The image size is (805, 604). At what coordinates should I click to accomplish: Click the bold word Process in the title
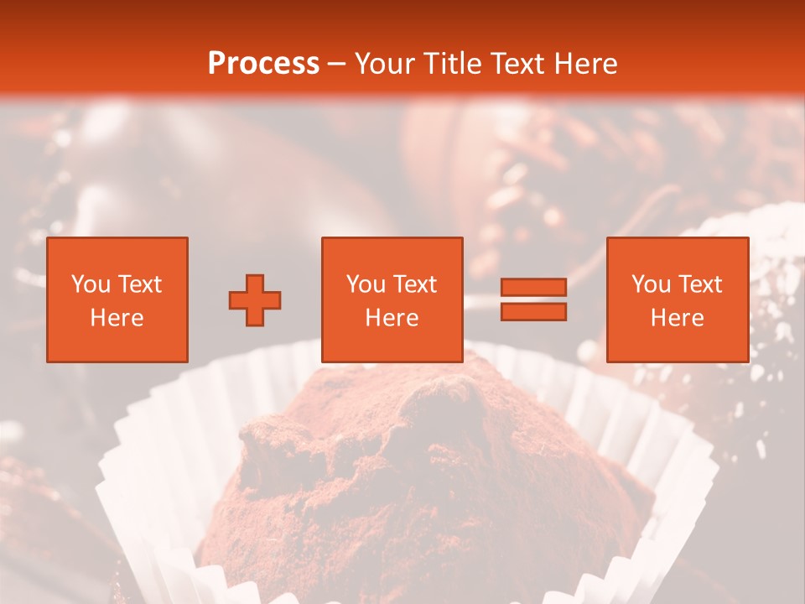(x=263, y=63)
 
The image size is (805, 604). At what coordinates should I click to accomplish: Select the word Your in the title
(x=385, y=63)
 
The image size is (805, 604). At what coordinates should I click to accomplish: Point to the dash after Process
(x=336, y=65)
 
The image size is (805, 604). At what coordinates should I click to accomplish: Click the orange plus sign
(x=255, y=300)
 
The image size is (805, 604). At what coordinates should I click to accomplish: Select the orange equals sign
(x=533, y=299)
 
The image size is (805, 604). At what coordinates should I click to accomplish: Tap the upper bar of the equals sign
(x=533, y=288)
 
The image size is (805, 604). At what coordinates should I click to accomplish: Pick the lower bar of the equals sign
(x=533, y=311)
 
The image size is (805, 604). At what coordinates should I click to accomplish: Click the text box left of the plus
(x=117, y=299)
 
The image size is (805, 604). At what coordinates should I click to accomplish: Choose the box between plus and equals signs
(x=392, y=299)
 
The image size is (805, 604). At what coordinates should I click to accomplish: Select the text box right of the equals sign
(x=677, y=299)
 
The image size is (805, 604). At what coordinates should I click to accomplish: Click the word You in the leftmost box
(x=90, y=284)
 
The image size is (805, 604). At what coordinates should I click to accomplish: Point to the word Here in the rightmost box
(x=677, y=317)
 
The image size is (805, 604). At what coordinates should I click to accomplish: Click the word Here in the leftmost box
(x=117, y=317)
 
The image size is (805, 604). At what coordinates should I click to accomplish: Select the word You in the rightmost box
(x=650, y=284)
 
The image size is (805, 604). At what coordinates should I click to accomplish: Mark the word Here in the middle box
(x=392, y=317)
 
